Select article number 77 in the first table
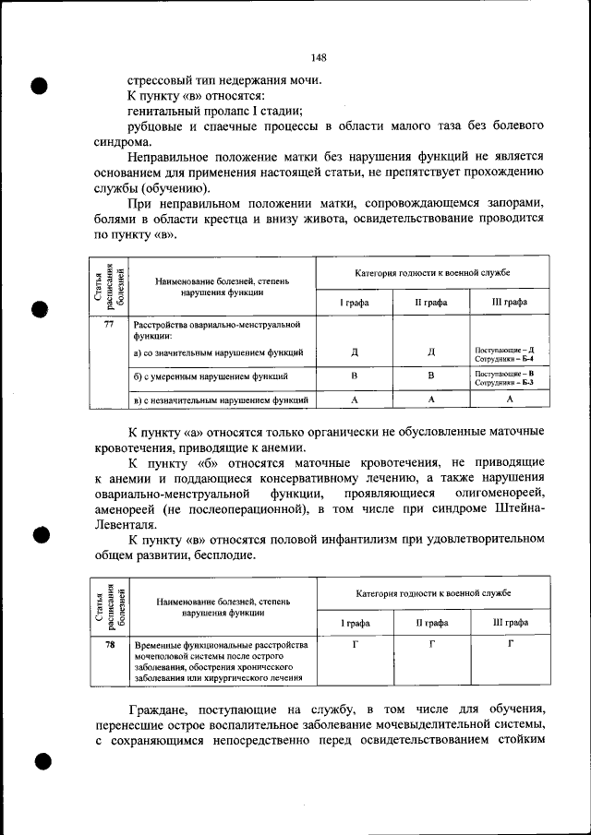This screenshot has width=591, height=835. point(109,325)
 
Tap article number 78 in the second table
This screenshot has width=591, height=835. point(109,643)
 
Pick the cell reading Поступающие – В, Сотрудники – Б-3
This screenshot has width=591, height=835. point(511,376)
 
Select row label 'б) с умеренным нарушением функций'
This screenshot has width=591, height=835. point(210,376)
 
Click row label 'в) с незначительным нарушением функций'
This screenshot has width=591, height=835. point(220,400)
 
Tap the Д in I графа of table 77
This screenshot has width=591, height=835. point(355,352)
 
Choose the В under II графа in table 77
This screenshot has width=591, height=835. point(431,376)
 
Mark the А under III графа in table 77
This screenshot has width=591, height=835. point(510,400)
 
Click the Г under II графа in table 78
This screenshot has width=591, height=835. point(432,643)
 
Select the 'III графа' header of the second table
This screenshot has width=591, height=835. point(511,623)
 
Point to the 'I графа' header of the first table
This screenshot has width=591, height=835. point(355,302)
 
